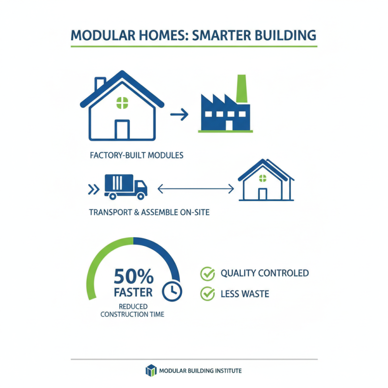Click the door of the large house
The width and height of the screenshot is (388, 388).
point(122,130)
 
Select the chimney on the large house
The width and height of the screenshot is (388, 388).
point(100,84)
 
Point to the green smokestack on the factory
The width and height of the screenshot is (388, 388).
point(241,89)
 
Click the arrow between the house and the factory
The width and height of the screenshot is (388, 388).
point(179,114)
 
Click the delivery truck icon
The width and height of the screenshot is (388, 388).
point(126,187)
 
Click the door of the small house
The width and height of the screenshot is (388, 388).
point(262,194)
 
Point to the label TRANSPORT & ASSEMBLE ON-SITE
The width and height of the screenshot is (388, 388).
point(149,212)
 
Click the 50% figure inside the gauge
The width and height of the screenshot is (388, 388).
point(133,277)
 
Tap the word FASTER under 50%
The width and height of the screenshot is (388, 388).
point(133,292)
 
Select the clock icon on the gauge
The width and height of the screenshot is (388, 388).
point(172,290)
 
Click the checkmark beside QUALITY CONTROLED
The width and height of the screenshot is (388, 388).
point(208,274)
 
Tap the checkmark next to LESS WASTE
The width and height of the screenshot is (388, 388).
point(208,293)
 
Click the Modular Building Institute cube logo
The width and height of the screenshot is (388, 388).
point(152,371)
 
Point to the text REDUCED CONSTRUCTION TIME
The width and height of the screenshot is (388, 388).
point(132,310)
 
